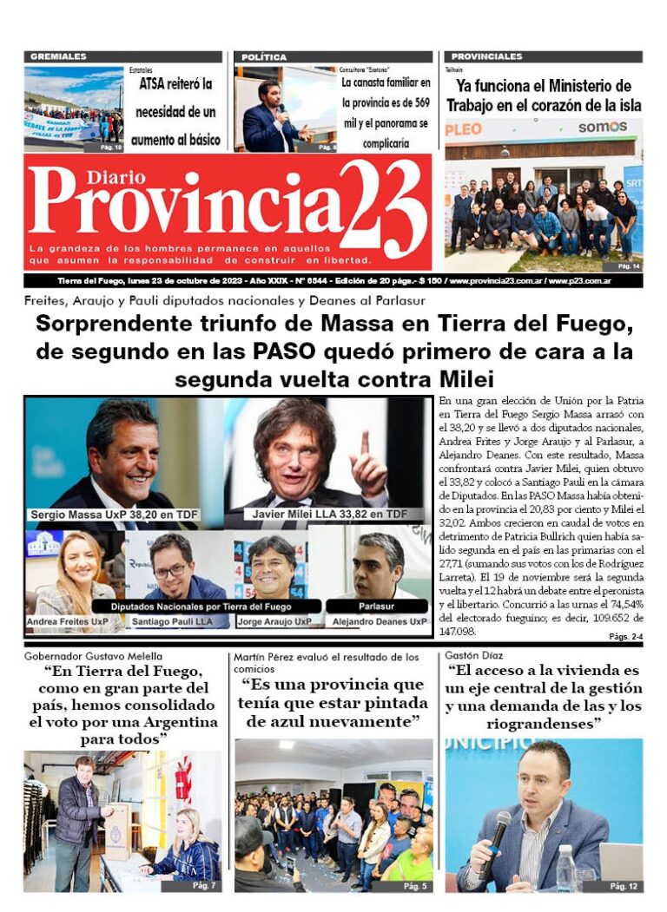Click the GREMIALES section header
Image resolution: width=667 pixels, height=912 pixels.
click(x=58, y=56)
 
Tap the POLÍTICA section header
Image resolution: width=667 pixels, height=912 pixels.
click(x=264, y=56)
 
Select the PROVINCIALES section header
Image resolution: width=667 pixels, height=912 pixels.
click(x=486, y=56)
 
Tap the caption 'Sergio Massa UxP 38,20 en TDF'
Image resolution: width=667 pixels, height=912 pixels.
click(x=114, y=515)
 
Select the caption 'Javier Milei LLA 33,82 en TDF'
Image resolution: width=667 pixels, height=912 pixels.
click(x=330, y=515)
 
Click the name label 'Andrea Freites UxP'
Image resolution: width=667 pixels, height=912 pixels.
click(x=68, y=621)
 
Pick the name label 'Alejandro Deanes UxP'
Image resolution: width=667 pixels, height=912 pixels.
click(x=380, y=621)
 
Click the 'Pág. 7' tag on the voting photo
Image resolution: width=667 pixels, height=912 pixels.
click(x=204, y=886)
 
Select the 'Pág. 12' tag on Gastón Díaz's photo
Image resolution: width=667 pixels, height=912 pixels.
click(x=624, y=886)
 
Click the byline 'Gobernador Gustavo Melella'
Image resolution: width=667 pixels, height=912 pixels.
click(x=93, y=656)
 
